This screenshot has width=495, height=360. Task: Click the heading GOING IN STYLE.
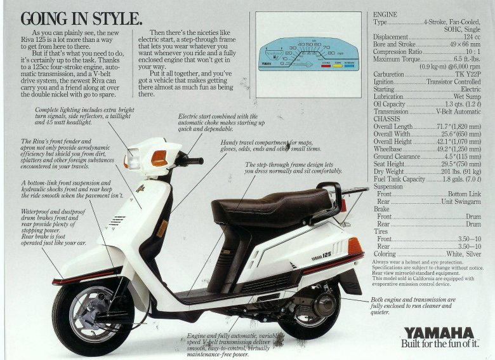pos(81,17)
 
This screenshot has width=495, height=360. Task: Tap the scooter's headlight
pos(133,157)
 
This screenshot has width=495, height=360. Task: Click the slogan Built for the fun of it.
pos(444,344)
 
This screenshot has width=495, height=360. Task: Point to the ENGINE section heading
pos(385,13)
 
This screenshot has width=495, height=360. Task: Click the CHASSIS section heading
pos(386,119)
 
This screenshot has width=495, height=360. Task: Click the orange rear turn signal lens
pos(355,246)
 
